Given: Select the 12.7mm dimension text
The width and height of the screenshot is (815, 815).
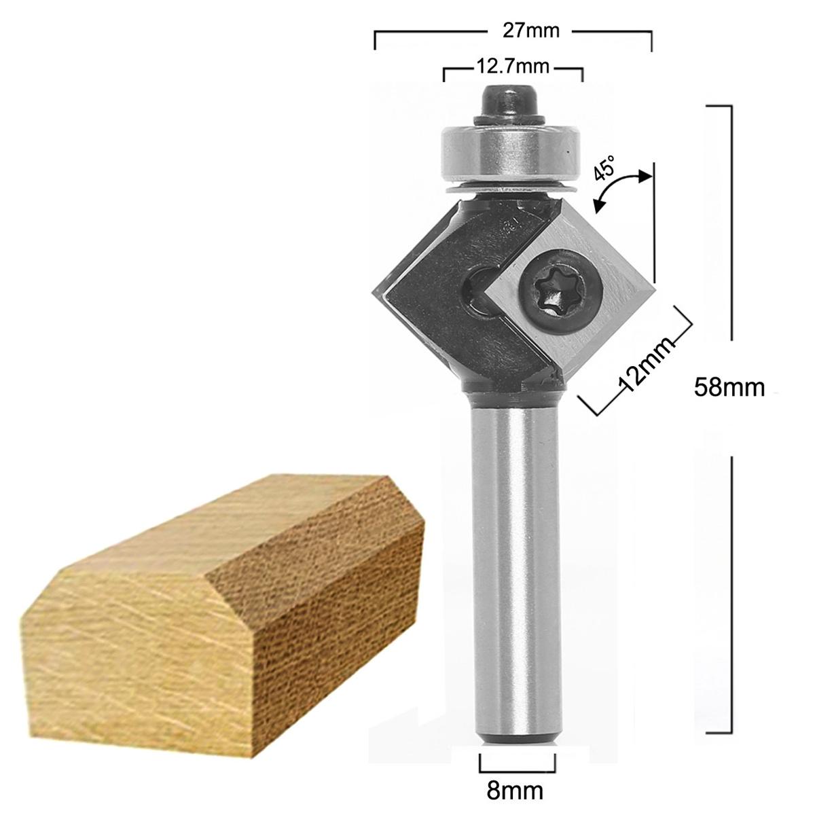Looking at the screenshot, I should tap(512, 68).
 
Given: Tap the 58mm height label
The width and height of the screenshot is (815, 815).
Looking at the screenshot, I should tap(729, 387).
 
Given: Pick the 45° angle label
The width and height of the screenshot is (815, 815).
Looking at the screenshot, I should tap(605, 167).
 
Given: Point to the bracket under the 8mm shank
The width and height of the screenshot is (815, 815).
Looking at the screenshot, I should tap(513, 764).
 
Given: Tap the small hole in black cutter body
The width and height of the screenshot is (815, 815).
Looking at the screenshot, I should tap(479, 292).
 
